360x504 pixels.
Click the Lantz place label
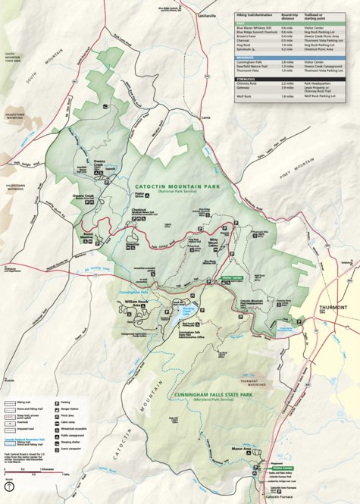(205, 117)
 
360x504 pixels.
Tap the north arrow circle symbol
(8, 487)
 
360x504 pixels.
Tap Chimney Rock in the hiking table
(248, 83)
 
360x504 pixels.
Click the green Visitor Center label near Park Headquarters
(232, 278)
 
